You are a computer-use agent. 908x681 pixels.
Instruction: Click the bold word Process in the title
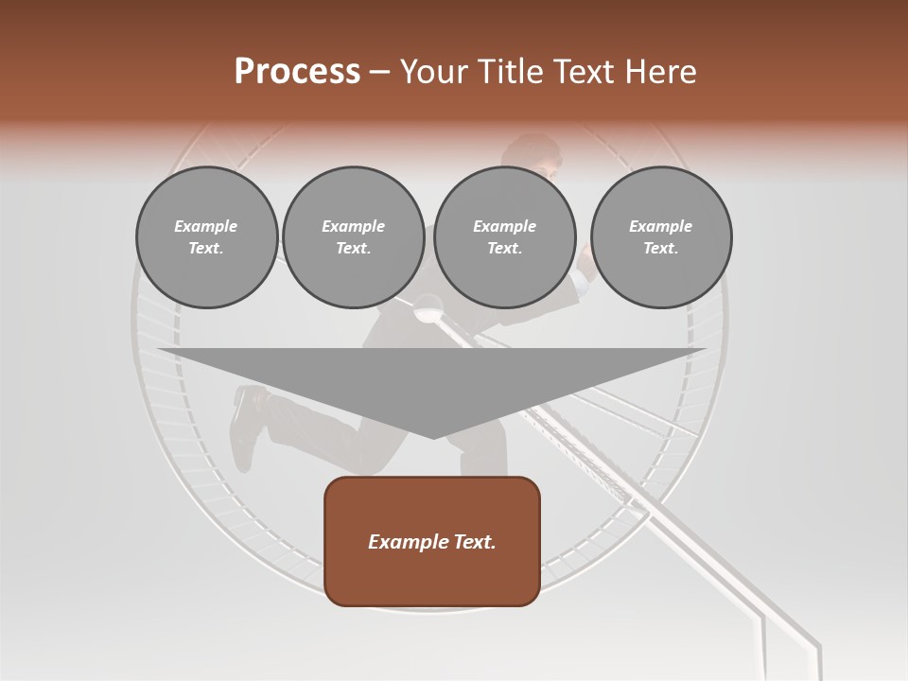(x=297, y=71)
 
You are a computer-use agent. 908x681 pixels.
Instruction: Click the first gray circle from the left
(x=206, y=236)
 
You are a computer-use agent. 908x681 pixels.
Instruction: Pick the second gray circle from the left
(x=354, y=236)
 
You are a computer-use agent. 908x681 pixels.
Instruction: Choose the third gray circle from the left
(x=504, y=236)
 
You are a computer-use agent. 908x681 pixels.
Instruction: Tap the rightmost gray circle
(x=661, y=236)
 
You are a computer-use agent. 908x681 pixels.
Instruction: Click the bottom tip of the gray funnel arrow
(x=432, y=436)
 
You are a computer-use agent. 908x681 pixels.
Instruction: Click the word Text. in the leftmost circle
(x=206, y=248)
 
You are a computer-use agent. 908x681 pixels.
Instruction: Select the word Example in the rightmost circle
(x=661, y=226)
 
